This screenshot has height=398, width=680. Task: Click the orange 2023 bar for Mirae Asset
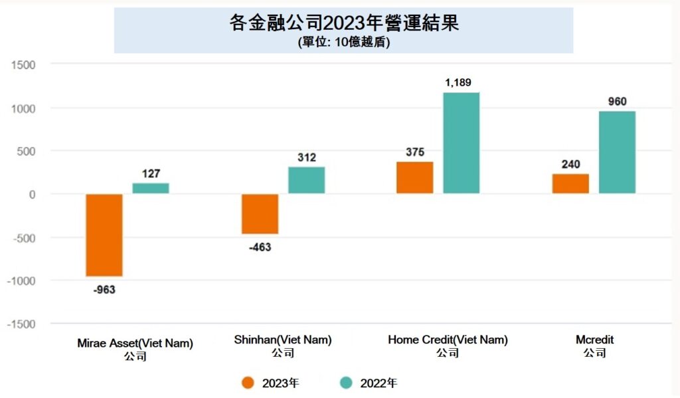coord(104,235)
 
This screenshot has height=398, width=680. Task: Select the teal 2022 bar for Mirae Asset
coord(151,188)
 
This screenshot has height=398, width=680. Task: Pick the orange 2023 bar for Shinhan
coord(260,214)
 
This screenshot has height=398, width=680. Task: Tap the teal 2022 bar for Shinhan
coord(306,180)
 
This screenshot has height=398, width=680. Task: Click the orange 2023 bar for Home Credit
coord(415,177)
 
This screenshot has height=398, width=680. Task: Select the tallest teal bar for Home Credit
coord(462,143)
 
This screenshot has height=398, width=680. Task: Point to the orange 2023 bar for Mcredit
coord(570,183)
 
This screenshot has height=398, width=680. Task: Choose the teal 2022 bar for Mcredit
coord(617,152)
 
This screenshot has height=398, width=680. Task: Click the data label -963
coord(104,290)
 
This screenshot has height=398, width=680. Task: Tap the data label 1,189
coord(462,82)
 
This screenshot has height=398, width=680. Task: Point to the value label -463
coord(260,248)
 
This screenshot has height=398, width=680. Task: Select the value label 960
coord(617,102)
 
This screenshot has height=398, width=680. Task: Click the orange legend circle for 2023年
coord(248,383)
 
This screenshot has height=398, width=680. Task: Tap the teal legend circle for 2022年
coord(346,383)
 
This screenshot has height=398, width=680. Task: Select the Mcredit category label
coord(594,340)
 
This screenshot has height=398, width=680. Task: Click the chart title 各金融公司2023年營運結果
coord(344,23)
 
